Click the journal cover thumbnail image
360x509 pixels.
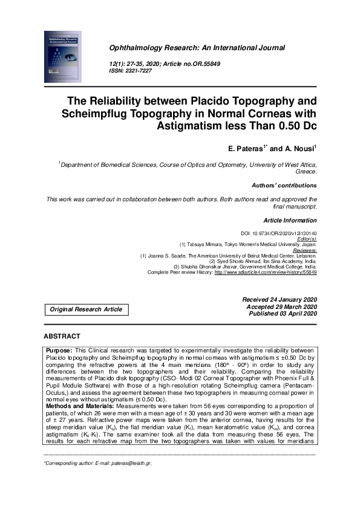62,59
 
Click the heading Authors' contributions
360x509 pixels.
284,185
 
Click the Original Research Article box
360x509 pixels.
87,310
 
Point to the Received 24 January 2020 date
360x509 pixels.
280,299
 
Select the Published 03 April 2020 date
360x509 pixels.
280,314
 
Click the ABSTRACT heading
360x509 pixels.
62,336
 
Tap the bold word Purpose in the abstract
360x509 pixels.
59,350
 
